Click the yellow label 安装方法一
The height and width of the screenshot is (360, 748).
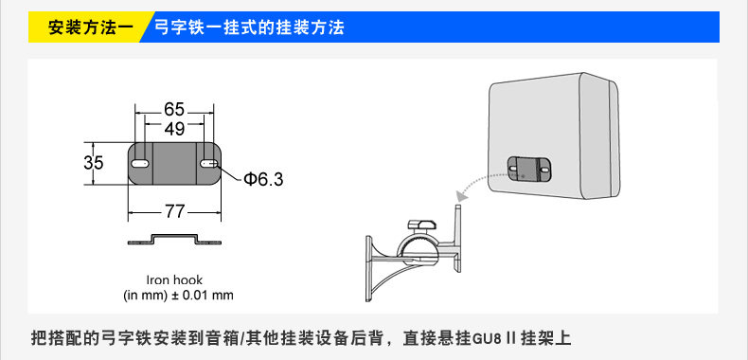(91, 27)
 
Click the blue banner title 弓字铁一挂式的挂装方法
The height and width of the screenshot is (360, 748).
(249, 27)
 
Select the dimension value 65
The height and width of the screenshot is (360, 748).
(173, 109)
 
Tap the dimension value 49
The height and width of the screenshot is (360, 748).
(174, 128)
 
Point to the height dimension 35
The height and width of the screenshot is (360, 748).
(94, 163)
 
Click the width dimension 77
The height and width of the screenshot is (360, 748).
(174, 211)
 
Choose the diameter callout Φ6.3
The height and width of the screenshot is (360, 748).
(263, 179)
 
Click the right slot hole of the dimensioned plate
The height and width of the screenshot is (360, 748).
(209, 163)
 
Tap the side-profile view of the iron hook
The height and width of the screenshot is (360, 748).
(174, 240)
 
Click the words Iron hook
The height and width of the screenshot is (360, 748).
(174, 279)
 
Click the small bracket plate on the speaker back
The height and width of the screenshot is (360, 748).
(529, 169)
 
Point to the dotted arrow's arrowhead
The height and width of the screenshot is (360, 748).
(461, 196)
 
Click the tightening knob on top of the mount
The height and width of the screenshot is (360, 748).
(421, 225)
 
